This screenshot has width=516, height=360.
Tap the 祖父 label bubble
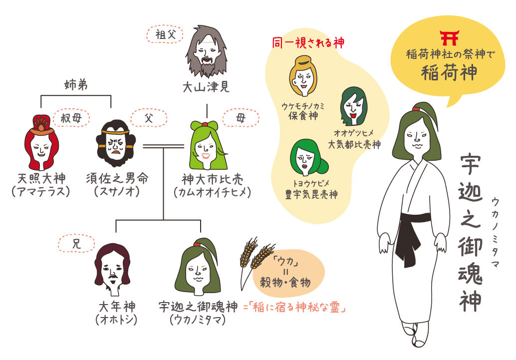pyautogui.click(x=164, y=35)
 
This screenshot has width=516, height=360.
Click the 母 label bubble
pyautogui.click(x=241, y=118)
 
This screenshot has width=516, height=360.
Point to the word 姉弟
pyautogui.click(x=76, y=85)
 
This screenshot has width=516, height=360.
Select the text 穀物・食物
pyautogui.click(x=285, y=282)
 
